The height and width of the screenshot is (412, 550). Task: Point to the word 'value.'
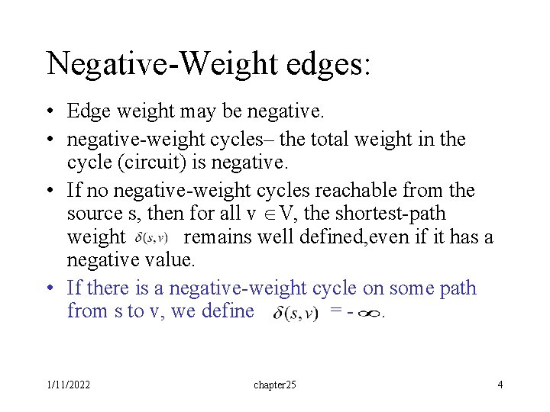click(169, 260)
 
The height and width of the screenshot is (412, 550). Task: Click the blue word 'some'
click(413, 288)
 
